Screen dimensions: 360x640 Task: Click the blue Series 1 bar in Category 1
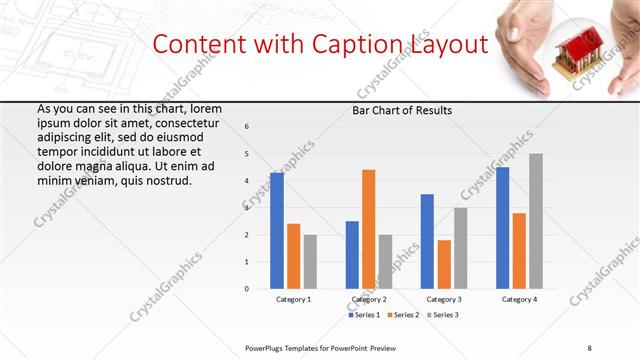[x=277, y=231]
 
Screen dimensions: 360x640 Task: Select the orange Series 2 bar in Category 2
[x=369, y=229]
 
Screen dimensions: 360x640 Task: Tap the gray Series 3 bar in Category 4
[x=536, y=221]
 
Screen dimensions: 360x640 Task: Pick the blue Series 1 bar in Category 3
[x=427, y=241]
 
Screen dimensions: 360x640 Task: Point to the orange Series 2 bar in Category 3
[x=444, y=264]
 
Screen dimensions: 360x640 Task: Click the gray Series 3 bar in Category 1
[x=310, y=261]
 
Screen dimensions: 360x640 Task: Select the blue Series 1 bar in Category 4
[x=502, y=228]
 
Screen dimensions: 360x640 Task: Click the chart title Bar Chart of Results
[x=402, y=110]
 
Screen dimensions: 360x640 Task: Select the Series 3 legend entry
[x=442, y=315]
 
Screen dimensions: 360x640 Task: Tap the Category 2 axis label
[x=369, y=300]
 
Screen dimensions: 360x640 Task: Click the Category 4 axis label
[x=519, y=300]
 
